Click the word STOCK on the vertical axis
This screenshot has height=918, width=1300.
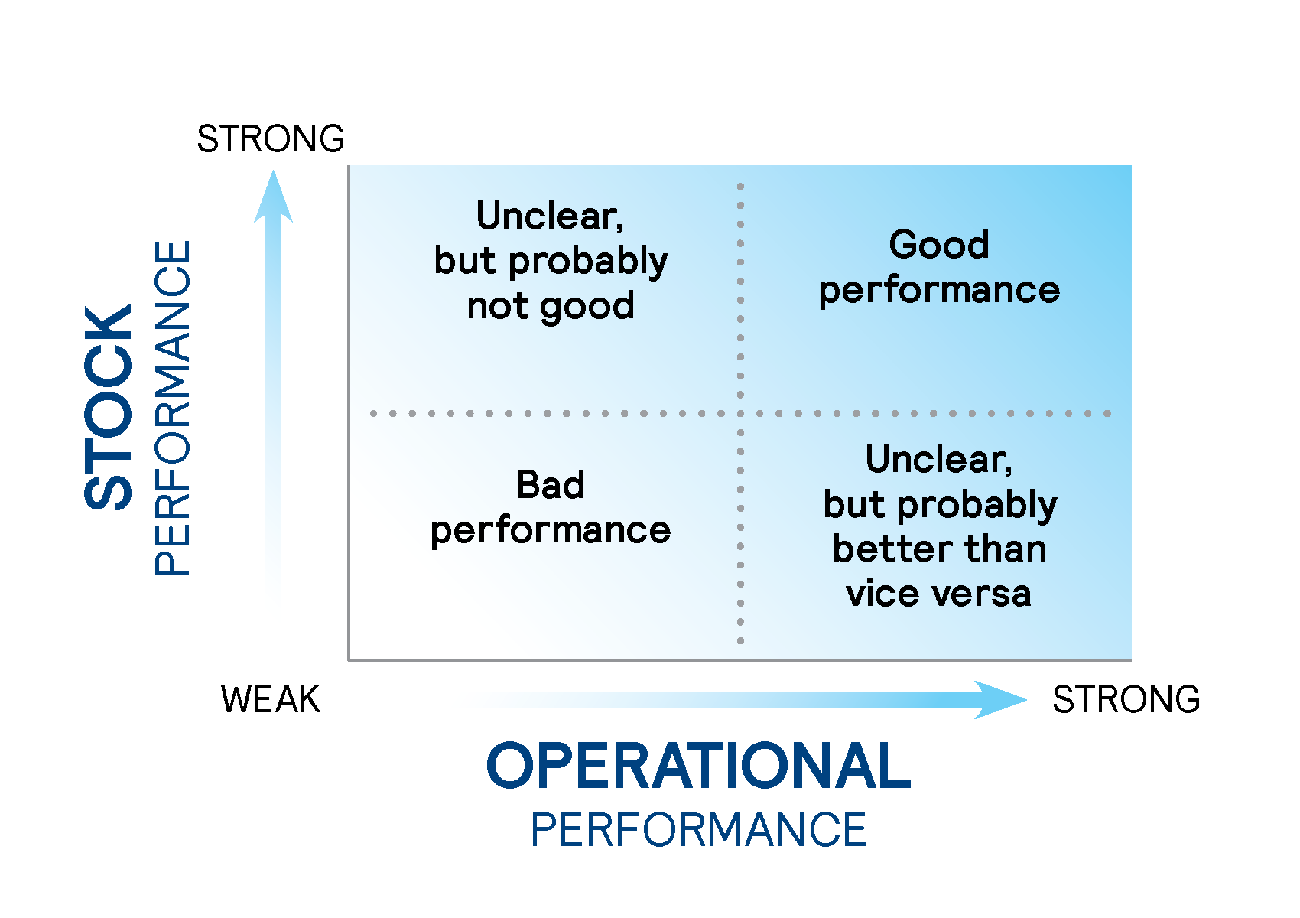(x=108, y=407)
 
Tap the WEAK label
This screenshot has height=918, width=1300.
(x=271, y=699)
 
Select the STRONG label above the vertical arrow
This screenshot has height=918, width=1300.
(x=271, y=138)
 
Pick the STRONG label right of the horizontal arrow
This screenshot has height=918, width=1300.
(x=1126, y=699)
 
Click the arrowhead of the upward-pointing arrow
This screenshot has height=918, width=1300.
(x=273, y=197)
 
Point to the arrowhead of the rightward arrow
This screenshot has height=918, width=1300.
(x=1000, y=700)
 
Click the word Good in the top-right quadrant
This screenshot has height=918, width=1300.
(x=939, y=245)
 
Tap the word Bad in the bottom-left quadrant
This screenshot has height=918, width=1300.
(x=550, y=485)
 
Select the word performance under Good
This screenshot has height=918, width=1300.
(x=939, y=291)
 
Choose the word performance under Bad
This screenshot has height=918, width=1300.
(x=550, y=531)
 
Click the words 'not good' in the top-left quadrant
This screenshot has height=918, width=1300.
(x=551, y=307)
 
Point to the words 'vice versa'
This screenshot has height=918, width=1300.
(x=938, y=594)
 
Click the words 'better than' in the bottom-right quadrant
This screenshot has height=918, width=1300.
(x=940, y=549)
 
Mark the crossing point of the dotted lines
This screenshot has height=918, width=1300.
(x=740, y=413)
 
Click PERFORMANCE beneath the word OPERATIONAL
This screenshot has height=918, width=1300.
(x=699, y=830)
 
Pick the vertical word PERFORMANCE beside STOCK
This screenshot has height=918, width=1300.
(x=172, y=408)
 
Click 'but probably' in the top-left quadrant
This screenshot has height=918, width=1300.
(x=551, y=262)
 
